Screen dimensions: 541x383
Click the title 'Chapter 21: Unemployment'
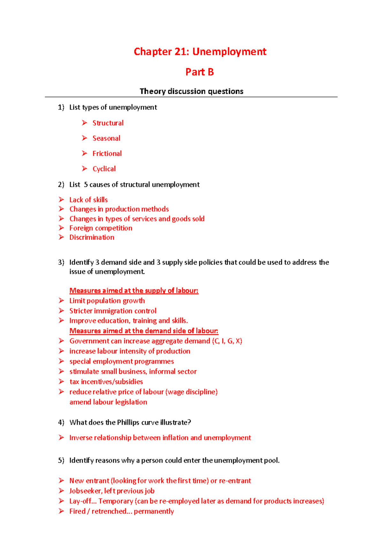pyautogui.click(x=200, y=52)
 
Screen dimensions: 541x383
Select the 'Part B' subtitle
pyautogui.click(x=199, y=72)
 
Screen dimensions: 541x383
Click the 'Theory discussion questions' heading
pyautogui.click(x=191, y=91)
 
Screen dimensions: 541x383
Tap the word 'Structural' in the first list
pyautogui.click(x=108, y=123)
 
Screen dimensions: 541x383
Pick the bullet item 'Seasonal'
pyautogui.click(x=106, y=138)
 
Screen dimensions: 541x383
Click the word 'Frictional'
pyautogui.click(x=107, y=154)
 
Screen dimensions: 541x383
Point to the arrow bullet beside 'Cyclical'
pyautogui.click(x=84, y=168)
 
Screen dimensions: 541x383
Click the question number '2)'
pyautogui.click(x=61, y=185)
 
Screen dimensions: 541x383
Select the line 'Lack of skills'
pyautogui.click(x=88, y=200)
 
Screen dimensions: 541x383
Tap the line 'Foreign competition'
pyautogui.click(x=101, y=228)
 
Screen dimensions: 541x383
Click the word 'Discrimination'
pyautogui.click(x=92, y=237)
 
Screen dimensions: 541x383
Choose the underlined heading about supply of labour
pyautogui.click(x=134, y=291)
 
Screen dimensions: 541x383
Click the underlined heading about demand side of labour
pyautogui.click(x=144, y=331)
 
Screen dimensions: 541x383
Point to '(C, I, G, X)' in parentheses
pyautogui.click(x=227, y=341)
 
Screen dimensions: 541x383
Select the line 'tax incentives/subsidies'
pyautogui.click(x=106, y=382)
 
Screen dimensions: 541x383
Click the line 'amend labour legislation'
pyautogui.click(x=108, y=402)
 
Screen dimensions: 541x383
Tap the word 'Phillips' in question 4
pyautogui.click(x=128, y=423)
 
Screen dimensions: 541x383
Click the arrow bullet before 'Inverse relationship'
pyautogui.click(x=61, y=438)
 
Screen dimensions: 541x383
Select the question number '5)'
pyautogui.click(x=61, y=461)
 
